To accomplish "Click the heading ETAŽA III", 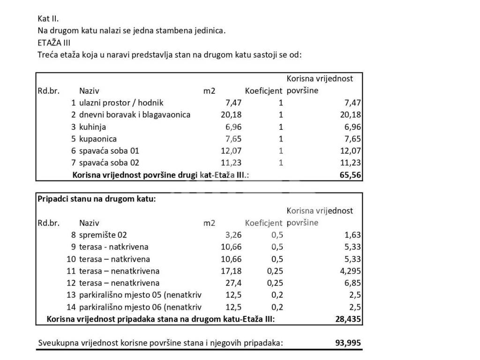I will (54, 43).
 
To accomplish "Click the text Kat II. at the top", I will (48, 19).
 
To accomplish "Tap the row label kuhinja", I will (92, 127).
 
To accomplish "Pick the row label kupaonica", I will (98, 139).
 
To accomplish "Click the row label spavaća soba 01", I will (109, 151).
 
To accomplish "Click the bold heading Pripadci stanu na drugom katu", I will (97, 199).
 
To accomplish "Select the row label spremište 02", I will (103, 235).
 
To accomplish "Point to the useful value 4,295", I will (350, 271).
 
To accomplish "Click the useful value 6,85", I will (352, 283).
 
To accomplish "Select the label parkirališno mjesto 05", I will (140, 295).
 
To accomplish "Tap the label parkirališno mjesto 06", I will (140, 307).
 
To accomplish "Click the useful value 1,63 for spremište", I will (352, 235).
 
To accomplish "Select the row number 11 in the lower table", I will (71, 271).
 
